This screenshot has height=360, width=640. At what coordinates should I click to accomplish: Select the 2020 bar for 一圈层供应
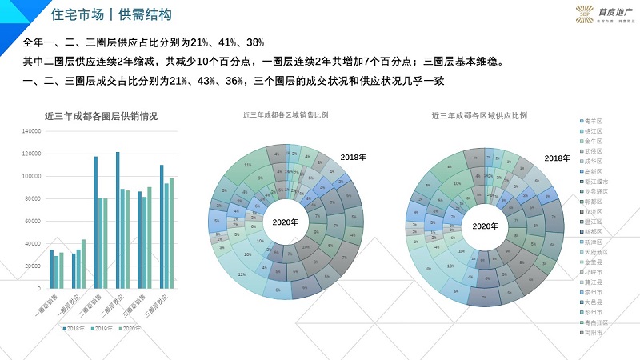click(x=83, y=263)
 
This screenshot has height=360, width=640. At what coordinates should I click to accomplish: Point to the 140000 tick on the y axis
click(x=30, y=131)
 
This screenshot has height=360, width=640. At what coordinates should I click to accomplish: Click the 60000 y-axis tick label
click(x=32, y=220)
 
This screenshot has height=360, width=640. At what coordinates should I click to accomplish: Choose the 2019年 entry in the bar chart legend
click(x=103, y=328)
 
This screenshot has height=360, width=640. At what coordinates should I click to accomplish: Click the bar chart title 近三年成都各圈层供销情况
click(x=101, y=116)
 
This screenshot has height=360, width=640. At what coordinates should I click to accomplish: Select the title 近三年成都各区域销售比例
click(x=286, y=115)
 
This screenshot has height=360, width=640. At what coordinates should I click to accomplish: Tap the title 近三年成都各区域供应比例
click(x=478, y=115)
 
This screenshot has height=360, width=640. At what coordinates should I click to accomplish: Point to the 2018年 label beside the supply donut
click(x=546, y=158)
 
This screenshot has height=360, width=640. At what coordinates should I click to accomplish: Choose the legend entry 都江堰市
click(x=596, y=182)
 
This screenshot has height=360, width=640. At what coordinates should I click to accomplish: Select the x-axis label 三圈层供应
click(x=152, y=308)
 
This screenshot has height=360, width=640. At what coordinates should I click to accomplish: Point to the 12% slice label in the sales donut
click(x=241, y=274)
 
